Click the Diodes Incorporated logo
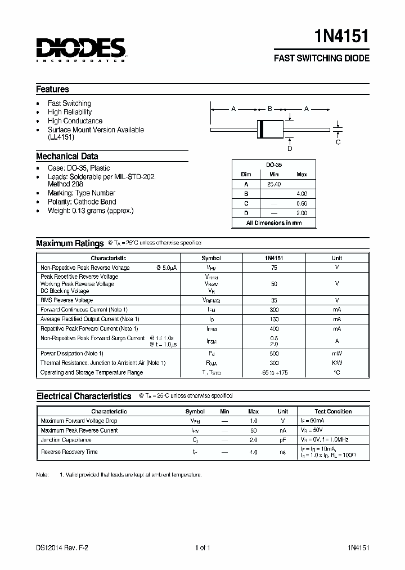[x=81, y=49]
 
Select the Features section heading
[x=53, y=89]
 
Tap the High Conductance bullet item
[x=75, y=121]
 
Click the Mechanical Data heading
[x=67, y=157]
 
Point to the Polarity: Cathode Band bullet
[x=82, y=202]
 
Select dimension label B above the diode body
[x=270, y=109]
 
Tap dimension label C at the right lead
[x=338, y=142]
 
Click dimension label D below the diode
[x=290, y=149]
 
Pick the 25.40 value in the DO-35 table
[x=274, y=184]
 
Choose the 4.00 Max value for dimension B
[x=301, y=194]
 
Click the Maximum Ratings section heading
[x=70, y=243]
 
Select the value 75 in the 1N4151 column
[x=273, y=268]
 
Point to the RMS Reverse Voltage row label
[x=66, y=300]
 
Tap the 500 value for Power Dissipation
[x=273, y=353]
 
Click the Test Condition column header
[x=333, y=411]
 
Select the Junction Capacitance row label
[x=66, y=440]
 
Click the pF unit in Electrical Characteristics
[x=282, y=440]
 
